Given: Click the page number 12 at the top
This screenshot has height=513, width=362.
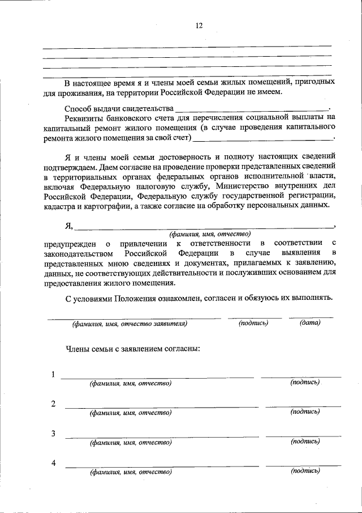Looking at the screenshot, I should pyautogui.click(x=199, y=26).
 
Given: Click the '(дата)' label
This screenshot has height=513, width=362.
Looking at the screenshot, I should pyautogui.click(x=310, y=323).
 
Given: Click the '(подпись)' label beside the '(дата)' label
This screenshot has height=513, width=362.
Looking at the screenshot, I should pyautogui.click(x=253, y=323).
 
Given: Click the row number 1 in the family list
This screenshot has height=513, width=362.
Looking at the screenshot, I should pyautogui.click(x=53, y=375).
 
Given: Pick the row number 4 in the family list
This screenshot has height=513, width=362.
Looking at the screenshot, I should pyautogui.click(x=53, y=463).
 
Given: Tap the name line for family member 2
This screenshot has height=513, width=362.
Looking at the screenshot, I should pyautogui.click(x=161, y=406).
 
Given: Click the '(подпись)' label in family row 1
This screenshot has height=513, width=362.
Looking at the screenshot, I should pyautogui.click(x=305, y=383).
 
